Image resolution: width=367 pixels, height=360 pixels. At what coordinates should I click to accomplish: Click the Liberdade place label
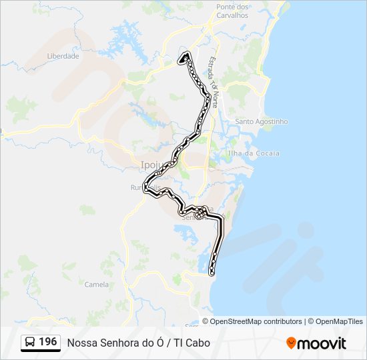click(x=63, y=57)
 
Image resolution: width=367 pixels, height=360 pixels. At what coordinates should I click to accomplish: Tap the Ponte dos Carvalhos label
click(x=232, y=11)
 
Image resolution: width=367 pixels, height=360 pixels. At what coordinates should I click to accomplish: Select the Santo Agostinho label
click(x=262, y=122)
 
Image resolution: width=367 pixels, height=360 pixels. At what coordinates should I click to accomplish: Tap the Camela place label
click(x=97, y=284)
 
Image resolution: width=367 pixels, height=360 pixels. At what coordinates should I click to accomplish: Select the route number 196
click(x=48, y=342)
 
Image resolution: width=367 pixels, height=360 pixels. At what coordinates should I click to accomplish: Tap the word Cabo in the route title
click(x=198, y=343)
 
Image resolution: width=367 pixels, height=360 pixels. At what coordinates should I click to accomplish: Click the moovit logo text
click(x=322, y=343)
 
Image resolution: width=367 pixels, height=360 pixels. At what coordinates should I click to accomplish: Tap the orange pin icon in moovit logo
click(x=291, y=343)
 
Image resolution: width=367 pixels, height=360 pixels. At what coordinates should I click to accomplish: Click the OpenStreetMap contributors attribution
click(x=256, y=321)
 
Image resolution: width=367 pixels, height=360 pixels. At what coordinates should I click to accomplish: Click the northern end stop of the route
click(x=181, y=60)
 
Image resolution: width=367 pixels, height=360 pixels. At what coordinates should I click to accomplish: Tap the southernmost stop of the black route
click(x=212, y=273)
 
